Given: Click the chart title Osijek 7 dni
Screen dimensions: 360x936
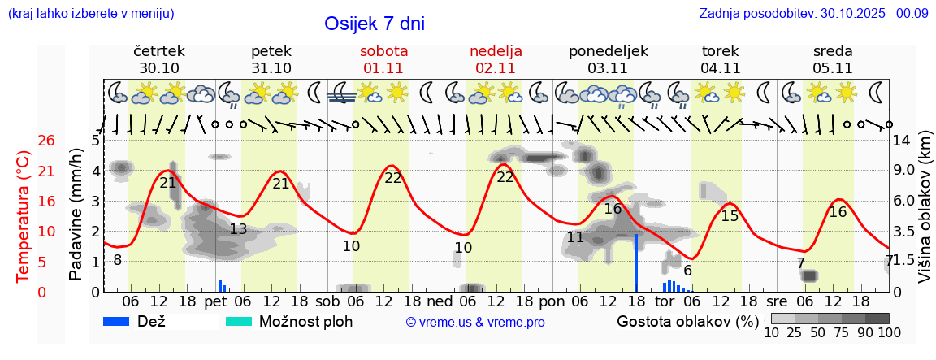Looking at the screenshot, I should click(374, 24).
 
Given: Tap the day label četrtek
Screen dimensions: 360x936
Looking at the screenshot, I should click(159, 51).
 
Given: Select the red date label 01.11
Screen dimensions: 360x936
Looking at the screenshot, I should click(383, 68).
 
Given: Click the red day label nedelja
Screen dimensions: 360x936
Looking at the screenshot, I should click(496, 51).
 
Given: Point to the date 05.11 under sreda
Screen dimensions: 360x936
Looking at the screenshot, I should click(832, 68).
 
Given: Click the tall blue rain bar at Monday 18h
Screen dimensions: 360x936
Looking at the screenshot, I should click(636, 262).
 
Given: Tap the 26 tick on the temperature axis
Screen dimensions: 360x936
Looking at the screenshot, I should click(47, 141).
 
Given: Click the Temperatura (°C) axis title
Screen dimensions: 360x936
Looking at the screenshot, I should click(23, 216).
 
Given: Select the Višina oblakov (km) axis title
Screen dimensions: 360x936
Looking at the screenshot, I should click(925, 216).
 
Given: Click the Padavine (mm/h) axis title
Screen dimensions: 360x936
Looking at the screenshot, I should click(76, 214).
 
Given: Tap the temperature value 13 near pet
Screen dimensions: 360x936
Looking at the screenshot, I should click(238, 229).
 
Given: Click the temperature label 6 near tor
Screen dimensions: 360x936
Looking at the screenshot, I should click(687, 271).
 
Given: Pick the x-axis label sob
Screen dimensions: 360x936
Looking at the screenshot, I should click(328, 301).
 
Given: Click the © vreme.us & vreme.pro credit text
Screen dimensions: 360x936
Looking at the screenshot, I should click(475, 323).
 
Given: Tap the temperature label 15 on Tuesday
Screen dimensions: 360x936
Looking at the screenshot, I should click(730, 216).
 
